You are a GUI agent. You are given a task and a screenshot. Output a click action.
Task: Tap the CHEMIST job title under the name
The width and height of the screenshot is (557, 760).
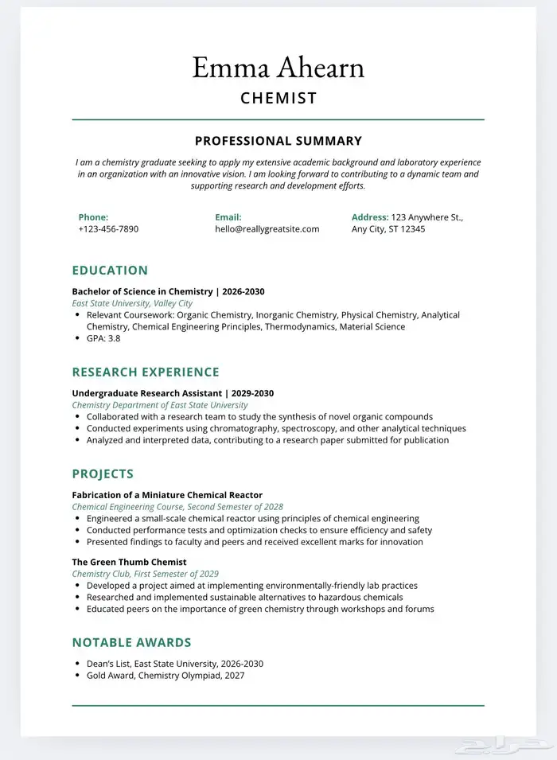[x=278, y=99]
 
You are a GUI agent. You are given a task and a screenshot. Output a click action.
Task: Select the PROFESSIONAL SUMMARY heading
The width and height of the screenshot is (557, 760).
[x=278, y=141]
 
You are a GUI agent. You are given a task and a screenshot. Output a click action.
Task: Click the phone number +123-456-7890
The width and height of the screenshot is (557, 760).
[x=108, y=229]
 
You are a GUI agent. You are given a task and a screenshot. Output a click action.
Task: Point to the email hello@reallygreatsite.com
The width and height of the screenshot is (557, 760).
[x=267, y=229]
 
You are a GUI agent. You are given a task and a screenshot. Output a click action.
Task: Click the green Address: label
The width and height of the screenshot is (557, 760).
[x=370, y=217]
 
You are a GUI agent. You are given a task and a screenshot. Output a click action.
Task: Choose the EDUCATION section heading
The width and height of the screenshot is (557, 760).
[x=110, y=271]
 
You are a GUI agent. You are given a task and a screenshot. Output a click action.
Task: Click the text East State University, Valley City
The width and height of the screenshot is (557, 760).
[x=132, y=303]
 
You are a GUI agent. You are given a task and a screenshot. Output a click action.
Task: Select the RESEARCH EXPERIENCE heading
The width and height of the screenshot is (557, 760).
[x=146, y=372]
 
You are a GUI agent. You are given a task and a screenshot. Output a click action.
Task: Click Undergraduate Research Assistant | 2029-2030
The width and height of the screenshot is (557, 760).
[x=173, y=393]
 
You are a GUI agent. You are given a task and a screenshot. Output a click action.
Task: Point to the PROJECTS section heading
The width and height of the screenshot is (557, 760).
[x=103, y=474]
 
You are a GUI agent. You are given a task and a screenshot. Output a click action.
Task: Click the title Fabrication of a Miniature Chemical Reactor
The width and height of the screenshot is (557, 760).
[x=167, y=495]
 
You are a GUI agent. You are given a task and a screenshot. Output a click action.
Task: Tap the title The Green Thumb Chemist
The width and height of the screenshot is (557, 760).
[x=129, y=562]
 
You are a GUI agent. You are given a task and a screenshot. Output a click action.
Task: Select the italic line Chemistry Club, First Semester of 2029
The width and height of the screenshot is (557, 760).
[x=145, y=574]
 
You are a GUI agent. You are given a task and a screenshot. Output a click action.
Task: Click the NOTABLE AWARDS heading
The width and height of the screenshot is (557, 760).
[x=131, y=643]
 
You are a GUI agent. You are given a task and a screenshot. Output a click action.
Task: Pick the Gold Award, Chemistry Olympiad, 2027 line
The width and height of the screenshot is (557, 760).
[x=166, y=676]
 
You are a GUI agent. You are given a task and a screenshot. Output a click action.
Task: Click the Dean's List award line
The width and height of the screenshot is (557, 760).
[x=174, y=664]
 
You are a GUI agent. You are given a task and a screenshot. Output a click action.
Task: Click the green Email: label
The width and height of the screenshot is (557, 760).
[x=228, y=217]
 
